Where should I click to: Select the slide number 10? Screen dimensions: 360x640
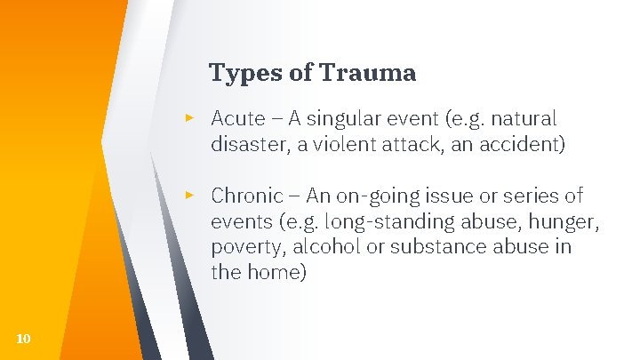point(24,338)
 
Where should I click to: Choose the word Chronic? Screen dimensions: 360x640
point(247,195)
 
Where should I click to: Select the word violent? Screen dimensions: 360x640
point(342,144)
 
